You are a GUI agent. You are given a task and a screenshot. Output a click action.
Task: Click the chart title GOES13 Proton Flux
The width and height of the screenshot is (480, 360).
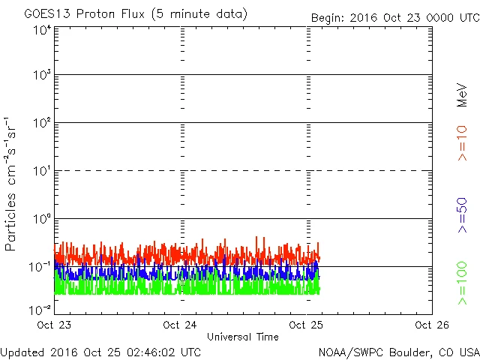point(136,14)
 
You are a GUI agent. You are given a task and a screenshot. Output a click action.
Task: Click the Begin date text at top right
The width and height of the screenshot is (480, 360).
point(395,17)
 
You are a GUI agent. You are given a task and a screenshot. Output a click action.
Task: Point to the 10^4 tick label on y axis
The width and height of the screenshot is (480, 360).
point(42,30)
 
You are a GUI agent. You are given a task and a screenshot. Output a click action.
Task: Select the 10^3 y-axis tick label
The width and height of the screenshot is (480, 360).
point(42,76)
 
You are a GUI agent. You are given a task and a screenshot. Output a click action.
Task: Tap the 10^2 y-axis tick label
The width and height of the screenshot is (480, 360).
point(42,124)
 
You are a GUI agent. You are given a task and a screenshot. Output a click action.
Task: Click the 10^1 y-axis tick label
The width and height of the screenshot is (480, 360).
point(42,172)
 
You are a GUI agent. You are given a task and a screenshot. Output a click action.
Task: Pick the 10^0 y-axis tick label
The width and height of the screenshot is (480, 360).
point(42,220)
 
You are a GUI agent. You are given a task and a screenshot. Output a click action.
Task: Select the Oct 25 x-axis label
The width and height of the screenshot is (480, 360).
point(305,325)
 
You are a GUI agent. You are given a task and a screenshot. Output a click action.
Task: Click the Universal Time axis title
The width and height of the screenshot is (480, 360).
point(242,337)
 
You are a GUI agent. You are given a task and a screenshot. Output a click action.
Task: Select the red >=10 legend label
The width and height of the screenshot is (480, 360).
point(462,143)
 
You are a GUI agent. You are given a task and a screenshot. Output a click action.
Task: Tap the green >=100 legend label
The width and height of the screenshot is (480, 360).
point(462,283)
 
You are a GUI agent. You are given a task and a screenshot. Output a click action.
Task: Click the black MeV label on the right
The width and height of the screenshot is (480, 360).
point(462,94)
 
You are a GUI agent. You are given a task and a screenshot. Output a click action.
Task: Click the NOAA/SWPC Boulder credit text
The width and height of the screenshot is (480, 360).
point(398,352)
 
